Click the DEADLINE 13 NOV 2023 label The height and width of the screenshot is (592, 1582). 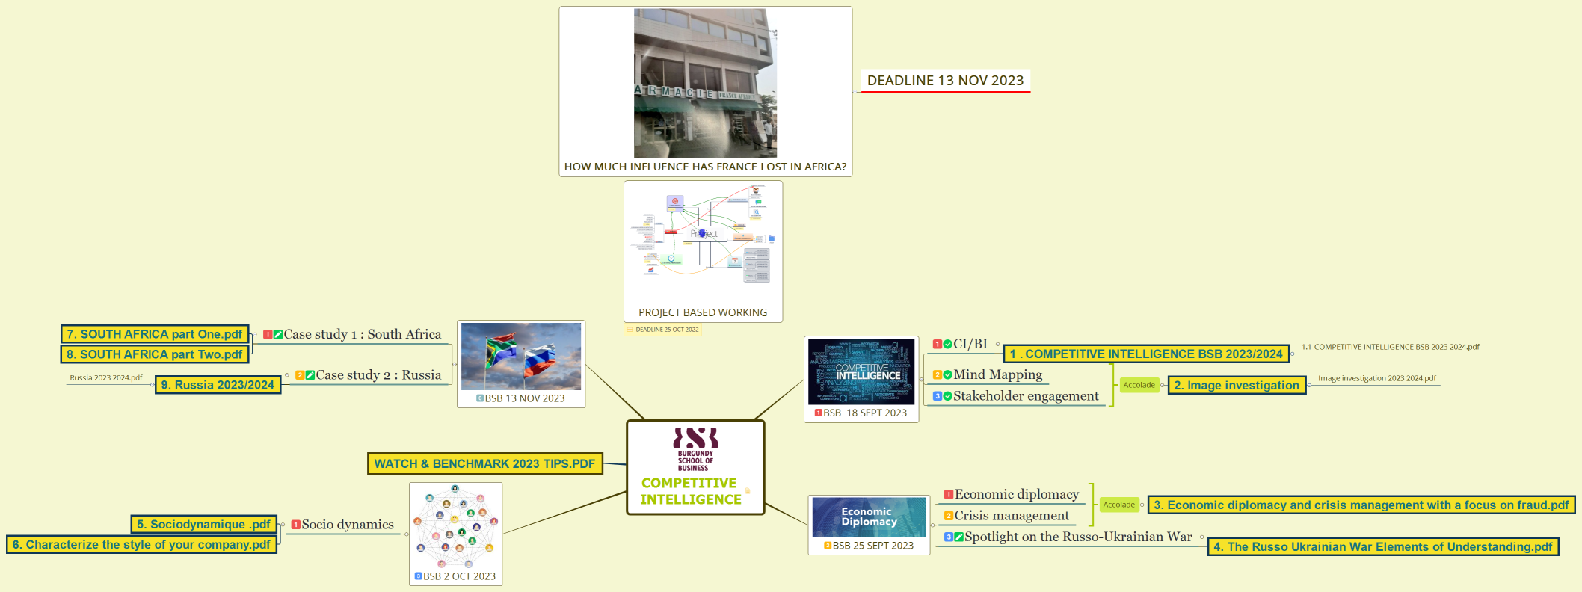[945, 81]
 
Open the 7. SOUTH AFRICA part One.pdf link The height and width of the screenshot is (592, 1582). [154, 334]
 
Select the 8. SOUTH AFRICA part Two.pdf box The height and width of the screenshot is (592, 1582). [154, 354]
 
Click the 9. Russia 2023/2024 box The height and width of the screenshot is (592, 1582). [218, 385]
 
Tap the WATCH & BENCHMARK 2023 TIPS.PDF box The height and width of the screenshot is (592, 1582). [484, 464]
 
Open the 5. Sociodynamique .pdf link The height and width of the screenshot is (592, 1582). [203, 525]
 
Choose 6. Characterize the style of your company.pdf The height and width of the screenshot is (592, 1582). [141, 545]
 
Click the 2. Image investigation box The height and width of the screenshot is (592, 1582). [1237, 386]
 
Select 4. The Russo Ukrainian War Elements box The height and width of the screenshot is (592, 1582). [1382, 547]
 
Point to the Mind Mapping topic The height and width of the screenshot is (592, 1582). [997, 374]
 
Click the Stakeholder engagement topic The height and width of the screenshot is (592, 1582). [1026, 396]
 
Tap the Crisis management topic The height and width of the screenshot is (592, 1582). [1012, 516]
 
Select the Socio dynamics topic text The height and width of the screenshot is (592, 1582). [348, 525]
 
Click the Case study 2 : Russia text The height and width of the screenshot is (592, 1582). [378, 375]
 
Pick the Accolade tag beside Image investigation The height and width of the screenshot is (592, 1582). [1139, 386]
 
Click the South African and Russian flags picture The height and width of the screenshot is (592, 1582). [521, 357]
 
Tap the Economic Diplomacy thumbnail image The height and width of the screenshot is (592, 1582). [869, 517]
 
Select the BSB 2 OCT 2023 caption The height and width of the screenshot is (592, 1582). [459, 576]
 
